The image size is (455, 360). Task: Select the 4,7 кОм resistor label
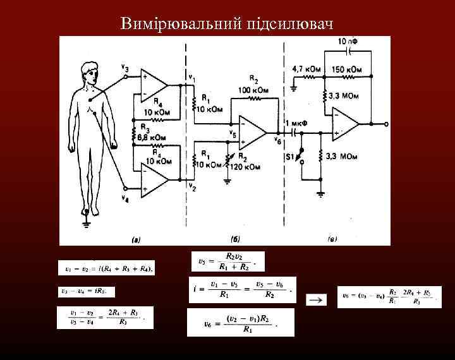307,68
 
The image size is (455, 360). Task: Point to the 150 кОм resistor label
347,68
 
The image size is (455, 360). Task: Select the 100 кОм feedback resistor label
254,90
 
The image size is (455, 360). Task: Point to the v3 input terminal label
124,68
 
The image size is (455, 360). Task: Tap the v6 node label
278,140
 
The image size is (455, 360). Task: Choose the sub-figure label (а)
135,239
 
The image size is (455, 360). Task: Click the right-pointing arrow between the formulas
317,299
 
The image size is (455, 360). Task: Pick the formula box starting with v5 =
227,261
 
